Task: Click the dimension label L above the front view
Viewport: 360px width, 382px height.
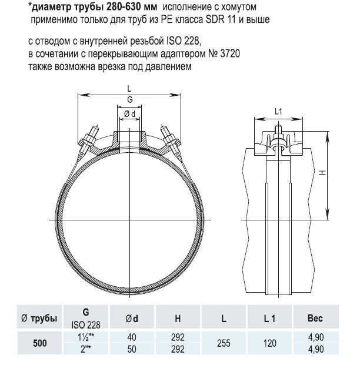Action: tap(129, 88)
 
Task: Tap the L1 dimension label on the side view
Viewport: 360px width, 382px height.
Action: tap(279, 111)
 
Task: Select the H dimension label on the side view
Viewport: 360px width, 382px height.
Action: tap(323, 173)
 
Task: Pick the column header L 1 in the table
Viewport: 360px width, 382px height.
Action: tap(270, 319)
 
